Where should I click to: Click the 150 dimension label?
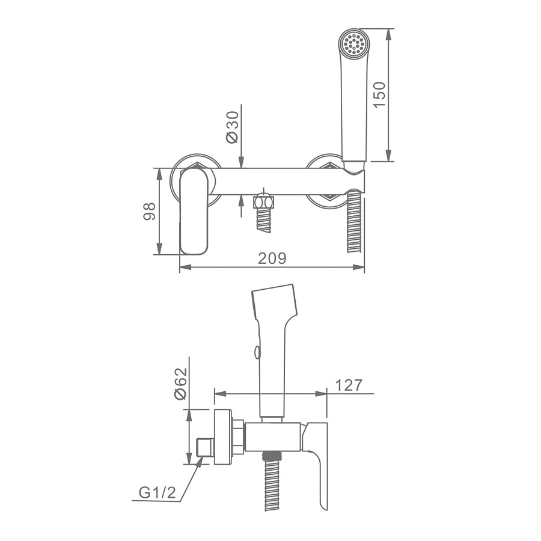(379, 94)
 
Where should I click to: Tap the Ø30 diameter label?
(232, 127)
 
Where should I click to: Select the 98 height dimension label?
(149, 211)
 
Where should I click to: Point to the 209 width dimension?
(272, 258)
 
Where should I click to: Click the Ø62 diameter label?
(181, 384)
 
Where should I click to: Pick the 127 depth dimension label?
(349, 385)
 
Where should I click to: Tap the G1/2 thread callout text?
(157, 493)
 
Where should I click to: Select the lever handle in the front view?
(194, 211)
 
